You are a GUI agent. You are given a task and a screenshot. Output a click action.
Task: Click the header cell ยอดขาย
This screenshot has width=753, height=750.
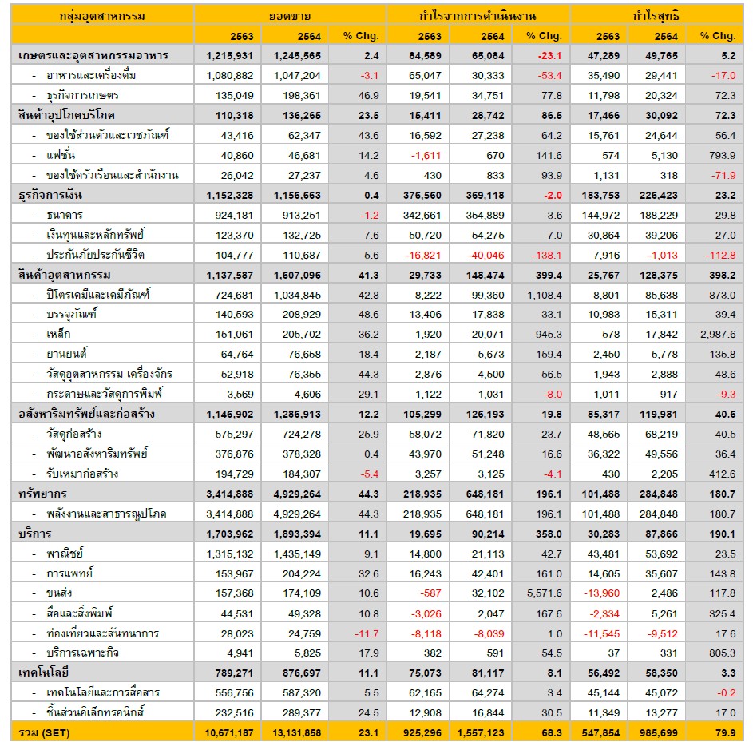[290, 16]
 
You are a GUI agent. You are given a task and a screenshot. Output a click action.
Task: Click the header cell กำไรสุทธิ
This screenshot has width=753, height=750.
[656, 16]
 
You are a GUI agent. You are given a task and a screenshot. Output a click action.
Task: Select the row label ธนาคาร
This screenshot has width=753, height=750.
[65, 215]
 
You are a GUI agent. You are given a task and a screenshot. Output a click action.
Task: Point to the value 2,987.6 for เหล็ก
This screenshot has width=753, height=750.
[715, 335]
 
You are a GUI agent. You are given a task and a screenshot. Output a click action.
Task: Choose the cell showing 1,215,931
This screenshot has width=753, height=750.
[230, 55]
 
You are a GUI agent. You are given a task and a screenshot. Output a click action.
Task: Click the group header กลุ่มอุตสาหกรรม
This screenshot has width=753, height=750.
[102, 16]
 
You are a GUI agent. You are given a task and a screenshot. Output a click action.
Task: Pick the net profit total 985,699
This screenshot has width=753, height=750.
[657, 732]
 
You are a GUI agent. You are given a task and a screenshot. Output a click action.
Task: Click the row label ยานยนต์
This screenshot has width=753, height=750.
[67, 355]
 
